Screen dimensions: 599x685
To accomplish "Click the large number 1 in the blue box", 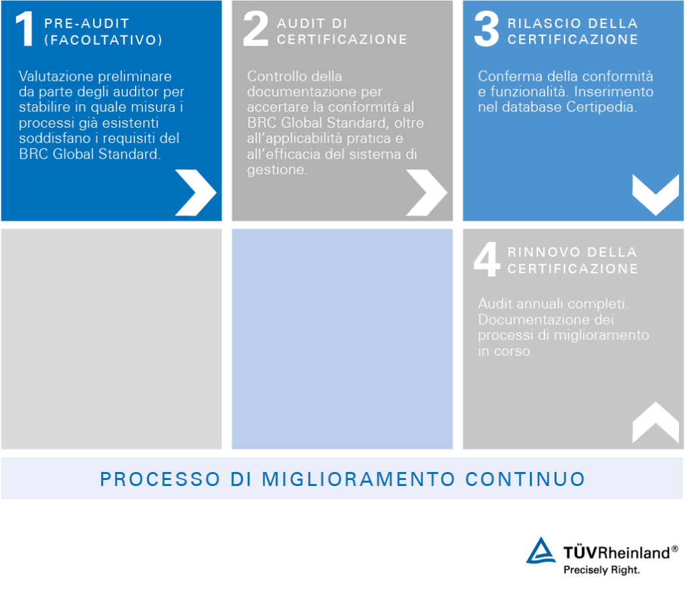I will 25,31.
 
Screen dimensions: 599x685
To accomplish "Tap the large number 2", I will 256,31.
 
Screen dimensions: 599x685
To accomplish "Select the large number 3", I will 486,31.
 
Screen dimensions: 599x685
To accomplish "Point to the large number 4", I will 486,260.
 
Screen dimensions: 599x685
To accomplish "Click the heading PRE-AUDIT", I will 86,23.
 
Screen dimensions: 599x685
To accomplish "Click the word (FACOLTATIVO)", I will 103,40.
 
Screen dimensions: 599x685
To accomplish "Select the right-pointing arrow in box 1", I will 195,193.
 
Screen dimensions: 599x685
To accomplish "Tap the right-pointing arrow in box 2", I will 426,193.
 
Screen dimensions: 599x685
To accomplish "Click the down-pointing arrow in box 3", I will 655,195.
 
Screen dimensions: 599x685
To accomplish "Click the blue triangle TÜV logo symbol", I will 541,551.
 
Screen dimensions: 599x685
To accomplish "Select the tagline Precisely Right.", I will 601,570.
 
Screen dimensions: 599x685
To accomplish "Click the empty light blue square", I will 342,338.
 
